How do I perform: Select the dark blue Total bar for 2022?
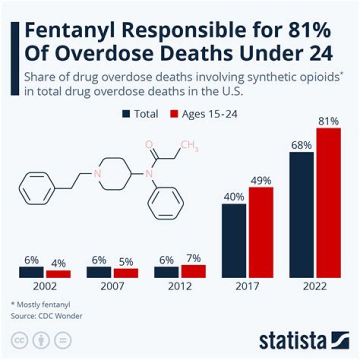click(301, 215)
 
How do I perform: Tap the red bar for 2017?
click(261, 232)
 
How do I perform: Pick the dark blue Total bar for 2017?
click(234, 240)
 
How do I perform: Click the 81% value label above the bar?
click(328, 120)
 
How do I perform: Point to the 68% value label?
click(301, 145)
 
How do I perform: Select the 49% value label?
click(261, 180)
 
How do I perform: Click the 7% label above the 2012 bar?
click(193, 258)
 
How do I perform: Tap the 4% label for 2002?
click(58, 263)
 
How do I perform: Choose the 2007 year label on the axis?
click(112, 287)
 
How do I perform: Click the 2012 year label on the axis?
click(179, 287)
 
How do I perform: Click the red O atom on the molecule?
click(148, 145)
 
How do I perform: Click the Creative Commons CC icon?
click(20, 340)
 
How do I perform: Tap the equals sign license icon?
click(62, 340)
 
